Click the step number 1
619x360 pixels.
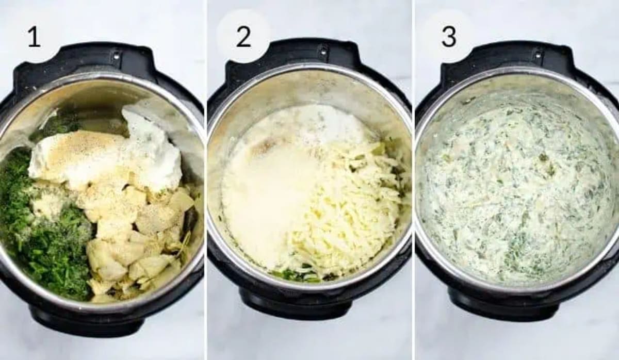tap(34, 37)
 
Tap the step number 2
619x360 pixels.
tap(243, 37)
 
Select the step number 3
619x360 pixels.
tap(449, 37)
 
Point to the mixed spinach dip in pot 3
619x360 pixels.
tap(516, 196)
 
